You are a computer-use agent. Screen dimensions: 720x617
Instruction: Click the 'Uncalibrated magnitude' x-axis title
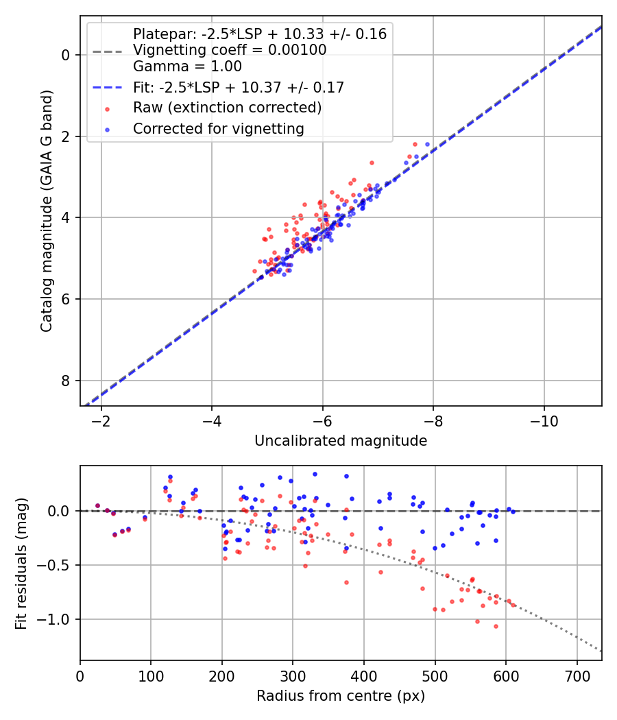pyautogui.click(x=341, y=441)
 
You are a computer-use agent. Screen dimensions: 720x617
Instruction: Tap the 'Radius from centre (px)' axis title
pyautogui.click(x=341, y=696)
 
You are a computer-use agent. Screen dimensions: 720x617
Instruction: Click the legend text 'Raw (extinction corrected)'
pyautogui.click(x=227, y=108)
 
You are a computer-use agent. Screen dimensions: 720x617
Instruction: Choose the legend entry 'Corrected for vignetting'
pyautogui.click(x=218, y=128)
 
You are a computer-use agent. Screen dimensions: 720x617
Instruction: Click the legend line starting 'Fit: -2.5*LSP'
pyautogui.click(x=238, y=87)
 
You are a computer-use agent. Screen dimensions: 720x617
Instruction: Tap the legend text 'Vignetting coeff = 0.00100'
pyautogui.click(x=230, y=50)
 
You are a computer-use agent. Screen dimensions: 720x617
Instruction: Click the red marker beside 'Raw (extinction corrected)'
pyautogui.click(x=107, y=108)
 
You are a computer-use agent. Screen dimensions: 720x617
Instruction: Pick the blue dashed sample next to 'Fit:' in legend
pyautogui.click(x=107, y=88)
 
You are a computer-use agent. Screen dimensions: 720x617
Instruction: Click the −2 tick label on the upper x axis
pyautogui.click(x=101, y=420)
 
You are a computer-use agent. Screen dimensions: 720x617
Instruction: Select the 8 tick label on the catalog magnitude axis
pyautogui.click(x=66, y=381)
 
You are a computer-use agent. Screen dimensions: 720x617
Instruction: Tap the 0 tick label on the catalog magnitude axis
pyautogui.click(x=66, y=55)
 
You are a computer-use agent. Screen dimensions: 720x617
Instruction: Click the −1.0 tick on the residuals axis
pyautogui.click(x=60, y=619)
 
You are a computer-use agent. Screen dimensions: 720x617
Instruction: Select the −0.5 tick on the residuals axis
pyautogui.click(x=60, y=565)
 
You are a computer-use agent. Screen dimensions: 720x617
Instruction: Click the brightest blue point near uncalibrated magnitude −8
pyautogui.click(x=427, y=144)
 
